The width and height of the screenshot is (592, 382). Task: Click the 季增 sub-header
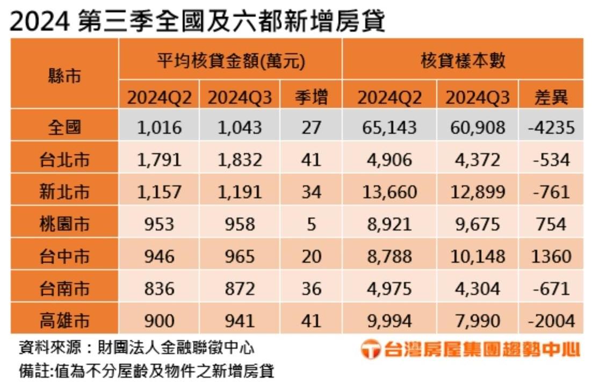tap(311, 97)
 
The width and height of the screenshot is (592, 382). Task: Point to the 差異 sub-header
tap(551, 97)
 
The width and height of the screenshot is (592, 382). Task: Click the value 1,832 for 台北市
tap(240, 160)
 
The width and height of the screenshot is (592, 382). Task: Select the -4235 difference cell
tap(551, 127)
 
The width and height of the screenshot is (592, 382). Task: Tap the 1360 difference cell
tap(551, 256)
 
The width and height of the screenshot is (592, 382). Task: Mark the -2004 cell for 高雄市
tap(551, 321)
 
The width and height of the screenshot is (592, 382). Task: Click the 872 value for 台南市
tap(240, 289)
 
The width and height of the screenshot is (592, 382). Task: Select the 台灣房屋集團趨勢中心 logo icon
tap(370, 350)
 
